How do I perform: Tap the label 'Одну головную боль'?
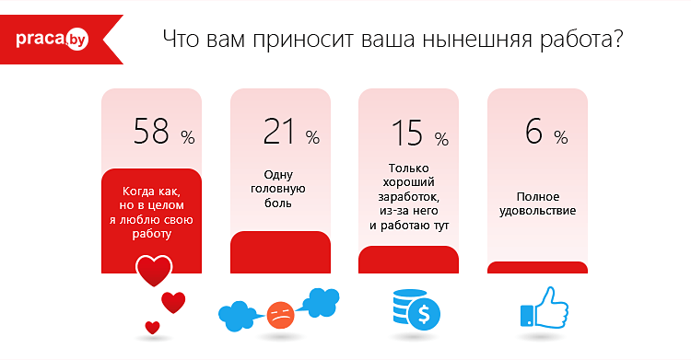pos(279,188)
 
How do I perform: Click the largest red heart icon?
pos(154,271)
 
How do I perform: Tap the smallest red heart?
pos(153,327)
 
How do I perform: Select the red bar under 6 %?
pos(537,268)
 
